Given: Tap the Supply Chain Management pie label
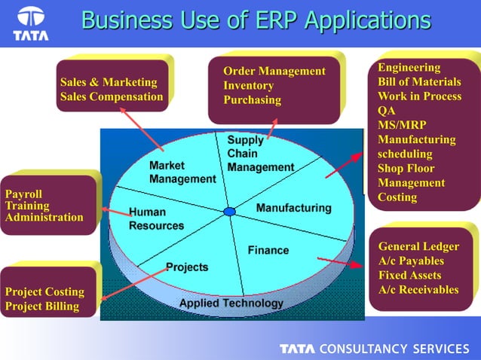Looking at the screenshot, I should coord(260,154).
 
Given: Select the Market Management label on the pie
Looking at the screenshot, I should coord(182,172).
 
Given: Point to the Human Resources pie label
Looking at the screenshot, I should coord(156,219).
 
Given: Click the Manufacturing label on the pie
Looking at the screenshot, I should coord(293,207).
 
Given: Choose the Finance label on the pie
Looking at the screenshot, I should coord(268,250).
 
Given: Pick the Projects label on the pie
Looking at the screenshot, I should coord(187,267).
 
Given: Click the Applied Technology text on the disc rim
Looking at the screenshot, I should coord(231,303).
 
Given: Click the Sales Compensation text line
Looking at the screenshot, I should coord(111,96).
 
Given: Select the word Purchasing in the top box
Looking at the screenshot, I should coord(252,100).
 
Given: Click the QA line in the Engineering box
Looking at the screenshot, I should coord(386,111).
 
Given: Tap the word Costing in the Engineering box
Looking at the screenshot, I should coord(397,197).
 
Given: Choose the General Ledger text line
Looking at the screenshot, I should coord(418,246).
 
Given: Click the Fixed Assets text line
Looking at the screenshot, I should coord(409,275).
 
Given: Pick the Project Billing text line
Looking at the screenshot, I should coord(41,306).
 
